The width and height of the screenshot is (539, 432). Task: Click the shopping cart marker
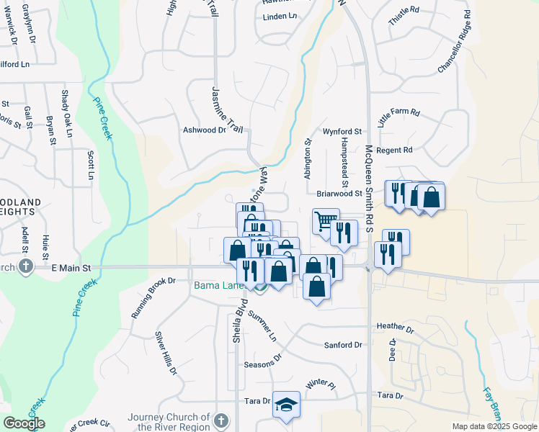326,220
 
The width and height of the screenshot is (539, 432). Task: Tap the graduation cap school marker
286,406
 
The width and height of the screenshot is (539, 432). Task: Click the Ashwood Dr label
204,130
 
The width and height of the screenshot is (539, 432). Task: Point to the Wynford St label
342,132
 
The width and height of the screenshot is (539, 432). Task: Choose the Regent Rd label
394,150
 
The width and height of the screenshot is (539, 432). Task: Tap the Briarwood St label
339,194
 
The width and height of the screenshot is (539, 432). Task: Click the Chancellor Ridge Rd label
454,42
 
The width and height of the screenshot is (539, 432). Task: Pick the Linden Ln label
280,17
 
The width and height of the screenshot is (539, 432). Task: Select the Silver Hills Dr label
165,354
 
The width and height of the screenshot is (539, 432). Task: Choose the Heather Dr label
395,328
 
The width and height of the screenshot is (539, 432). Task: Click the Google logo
24,423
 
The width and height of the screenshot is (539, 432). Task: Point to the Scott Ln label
91,166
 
